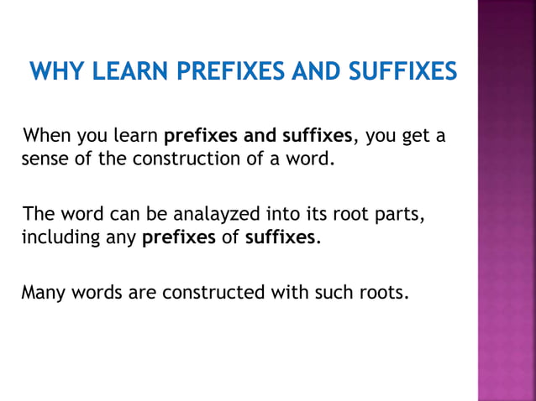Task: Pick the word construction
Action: (181, 158)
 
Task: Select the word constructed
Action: (213, 293)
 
